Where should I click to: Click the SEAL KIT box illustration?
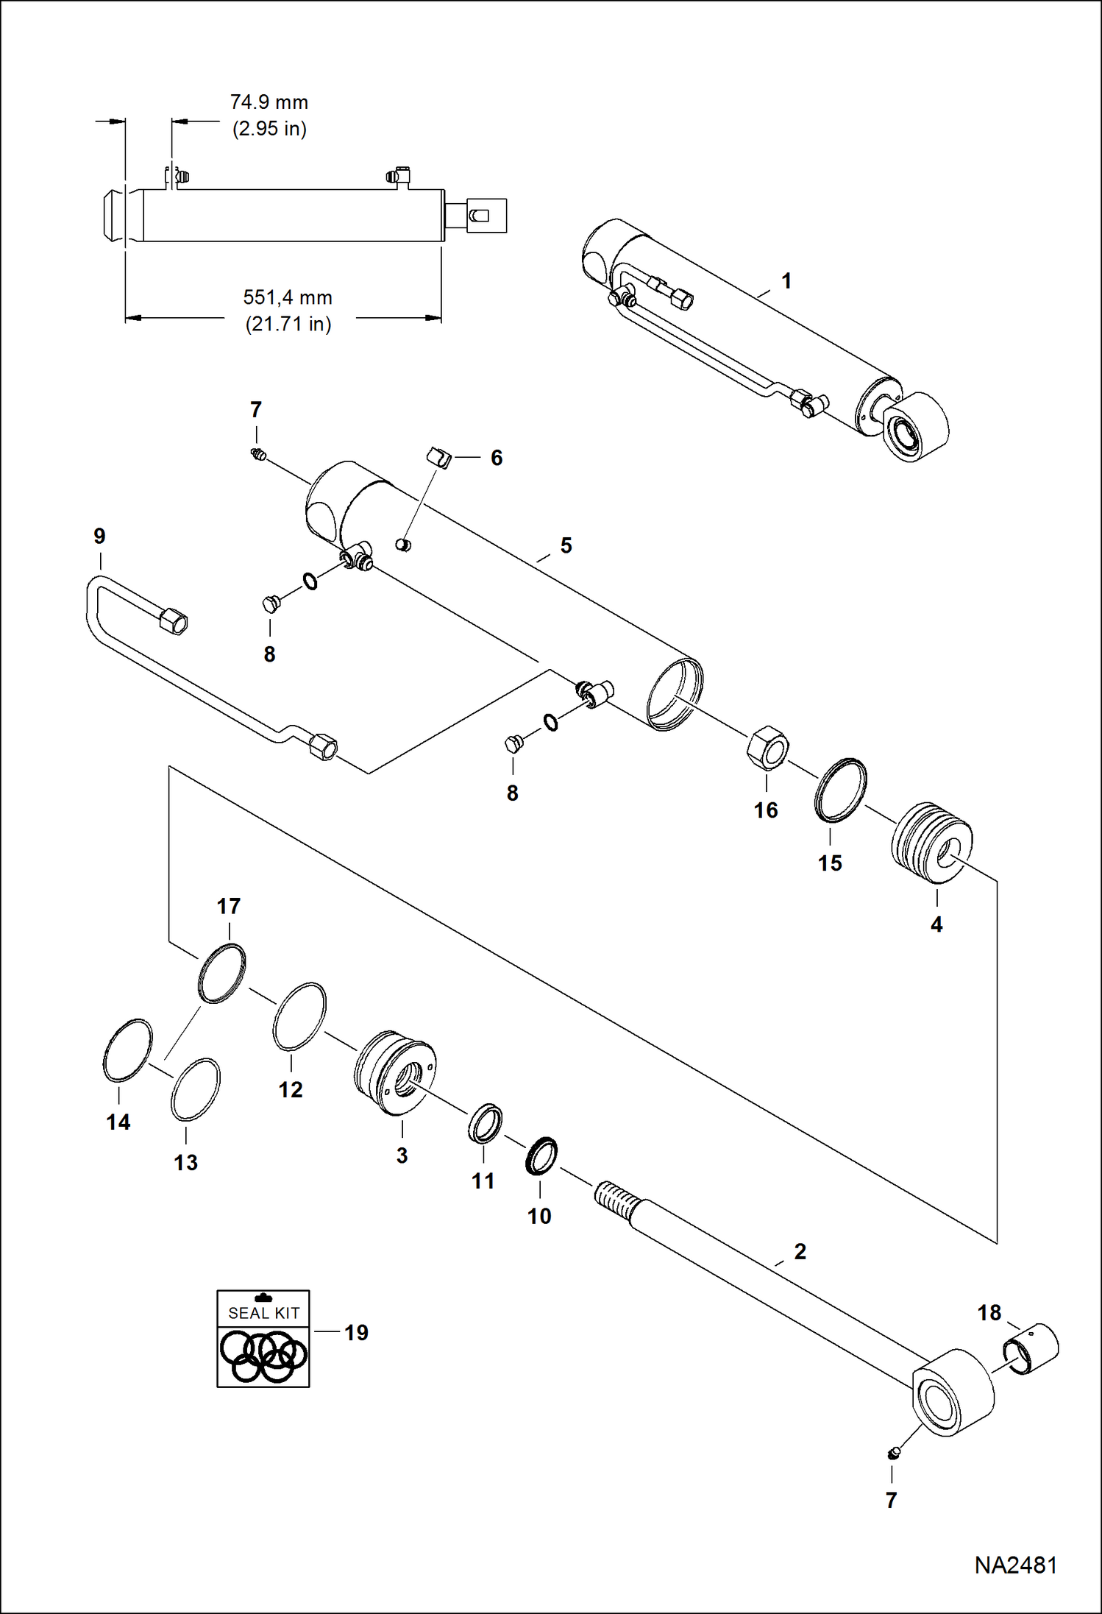pos(263,1339)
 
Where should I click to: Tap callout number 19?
pos(356,1332)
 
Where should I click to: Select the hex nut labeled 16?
pos(767,747)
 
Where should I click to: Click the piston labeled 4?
pos(931,843)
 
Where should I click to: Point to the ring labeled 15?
pos(840,790)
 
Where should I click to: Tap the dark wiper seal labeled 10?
pos(541,1156)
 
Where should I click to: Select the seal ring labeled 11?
pos(486,1123)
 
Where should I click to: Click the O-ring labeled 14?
pos(127,1050)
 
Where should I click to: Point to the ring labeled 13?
pos(195,1089)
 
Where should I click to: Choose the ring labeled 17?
pos(222,973)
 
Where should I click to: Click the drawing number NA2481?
pos(1015,1565)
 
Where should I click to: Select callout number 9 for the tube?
pos(99,536)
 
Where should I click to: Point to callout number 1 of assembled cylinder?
pos(786,280)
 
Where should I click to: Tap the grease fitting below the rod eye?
pos(894,1452)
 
